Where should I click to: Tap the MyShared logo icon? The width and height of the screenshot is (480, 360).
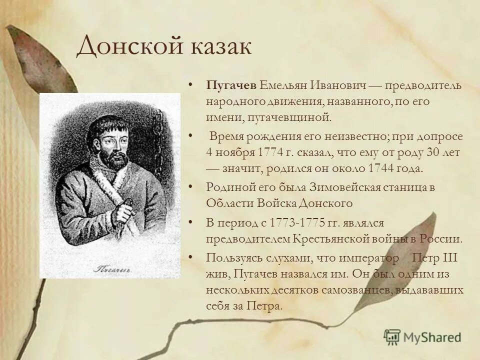click(392, 336)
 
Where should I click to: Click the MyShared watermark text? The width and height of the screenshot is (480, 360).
click(433, 337)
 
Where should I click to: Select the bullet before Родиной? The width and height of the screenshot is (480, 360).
click(191, 186)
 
